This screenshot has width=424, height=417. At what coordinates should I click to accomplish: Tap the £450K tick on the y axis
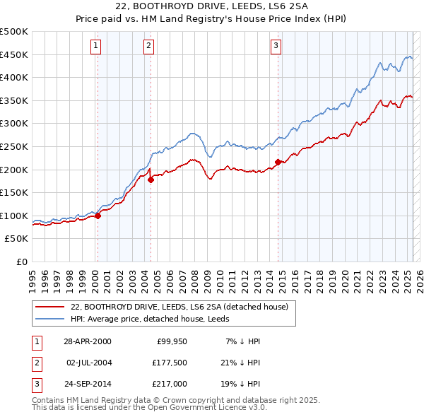pos(14,54)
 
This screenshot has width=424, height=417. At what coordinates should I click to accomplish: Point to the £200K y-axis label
pos(14,170)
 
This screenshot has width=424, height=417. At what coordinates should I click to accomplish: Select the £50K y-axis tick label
pos(17,239)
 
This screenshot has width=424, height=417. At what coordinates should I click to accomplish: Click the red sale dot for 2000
pos(98,216)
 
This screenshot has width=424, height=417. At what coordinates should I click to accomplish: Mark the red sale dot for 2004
pos(151,180)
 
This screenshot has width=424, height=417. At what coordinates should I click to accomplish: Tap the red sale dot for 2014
pos(278,162)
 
